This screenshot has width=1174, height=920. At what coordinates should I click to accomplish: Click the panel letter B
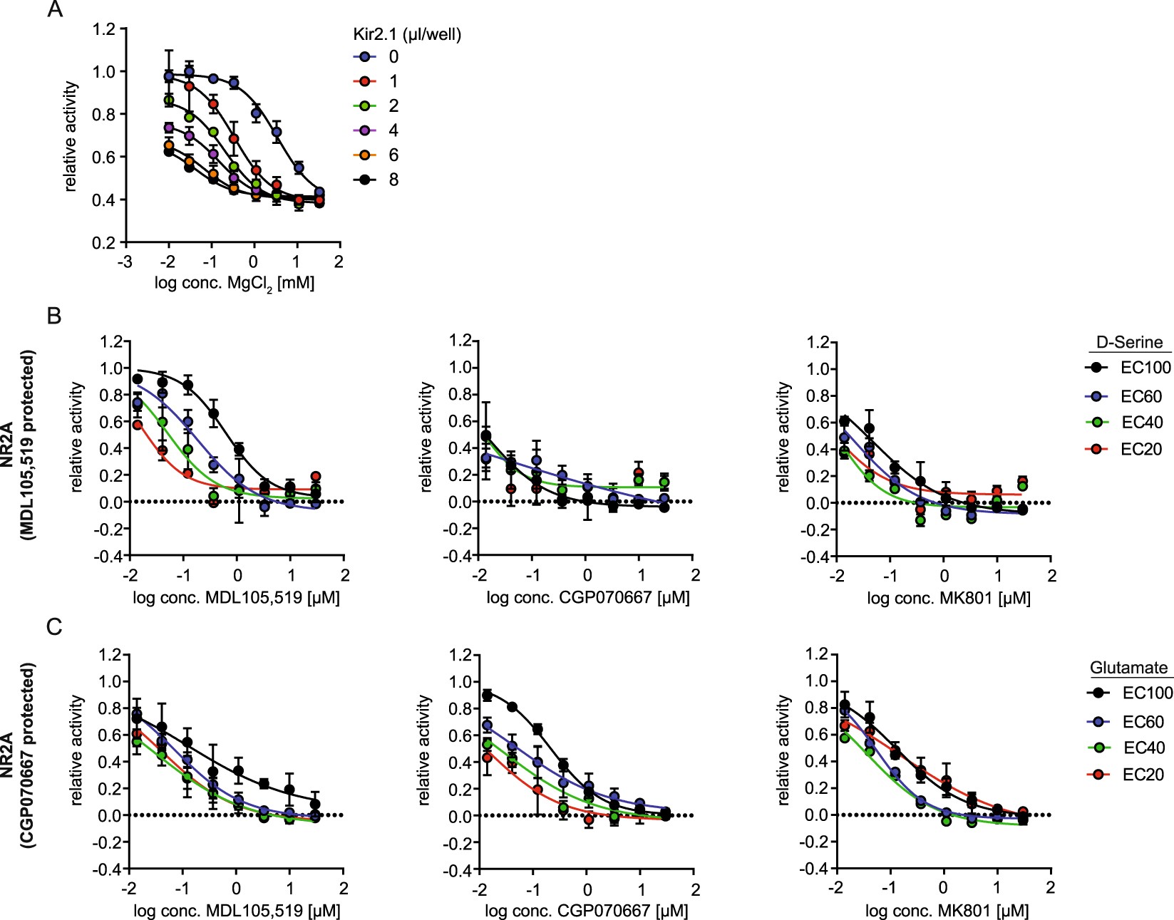coord(54,316)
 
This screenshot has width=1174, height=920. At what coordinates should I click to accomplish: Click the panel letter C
coord(54,627)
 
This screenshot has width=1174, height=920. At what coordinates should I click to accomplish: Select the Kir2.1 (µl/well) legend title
coord(407,33)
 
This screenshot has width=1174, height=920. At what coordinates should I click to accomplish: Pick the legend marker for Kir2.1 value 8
coord(364,180)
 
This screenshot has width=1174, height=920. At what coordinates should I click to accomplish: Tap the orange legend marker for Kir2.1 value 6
coord(364,155)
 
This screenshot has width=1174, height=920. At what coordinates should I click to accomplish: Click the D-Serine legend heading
coord(1129,342)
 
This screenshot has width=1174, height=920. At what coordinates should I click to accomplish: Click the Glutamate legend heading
coord(1129,668)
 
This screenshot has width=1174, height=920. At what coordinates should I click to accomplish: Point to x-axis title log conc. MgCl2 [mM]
coord(235,284)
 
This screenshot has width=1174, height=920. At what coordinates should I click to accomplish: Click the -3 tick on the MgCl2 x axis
coord(125,262)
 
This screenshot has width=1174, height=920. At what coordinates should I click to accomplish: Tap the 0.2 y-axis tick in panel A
coord(103,243)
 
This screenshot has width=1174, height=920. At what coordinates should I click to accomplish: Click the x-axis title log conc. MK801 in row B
coord(948,599)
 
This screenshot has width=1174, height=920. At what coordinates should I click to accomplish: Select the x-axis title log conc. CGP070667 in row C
coord(587,910)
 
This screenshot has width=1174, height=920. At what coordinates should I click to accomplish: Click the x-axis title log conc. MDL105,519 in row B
coord(236,597)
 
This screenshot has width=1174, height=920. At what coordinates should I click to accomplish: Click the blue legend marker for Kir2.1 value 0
coord(364,57)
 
